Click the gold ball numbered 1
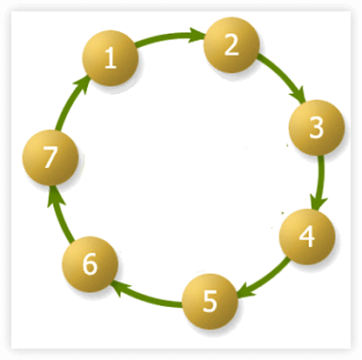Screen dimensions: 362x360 (111, 58)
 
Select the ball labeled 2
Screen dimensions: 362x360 (231, 45)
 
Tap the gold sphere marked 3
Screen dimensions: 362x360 (317, 128)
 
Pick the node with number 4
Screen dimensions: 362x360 (307, 237)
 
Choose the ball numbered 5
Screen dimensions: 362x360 (210, 302)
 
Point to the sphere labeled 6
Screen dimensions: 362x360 (90, 264)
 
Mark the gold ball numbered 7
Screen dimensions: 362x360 (50, 157)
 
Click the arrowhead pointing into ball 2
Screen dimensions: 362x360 (198, 35)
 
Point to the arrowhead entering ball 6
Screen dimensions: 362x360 (118, 286)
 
